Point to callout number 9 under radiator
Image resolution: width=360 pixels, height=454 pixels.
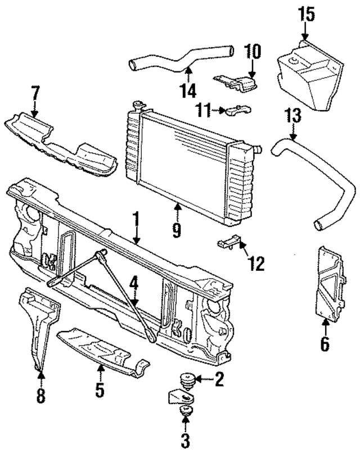pyautogui.click(x=177, y=229)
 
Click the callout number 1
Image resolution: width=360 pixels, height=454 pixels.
pyautogui.click(x=135, y=217)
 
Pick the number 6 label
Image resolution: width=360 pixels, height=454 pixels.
pyautogui.click(x=325, y=343)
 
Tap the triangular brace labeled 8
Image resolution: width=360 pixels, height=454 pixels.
pyautogui.click(x=40, y=326)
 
